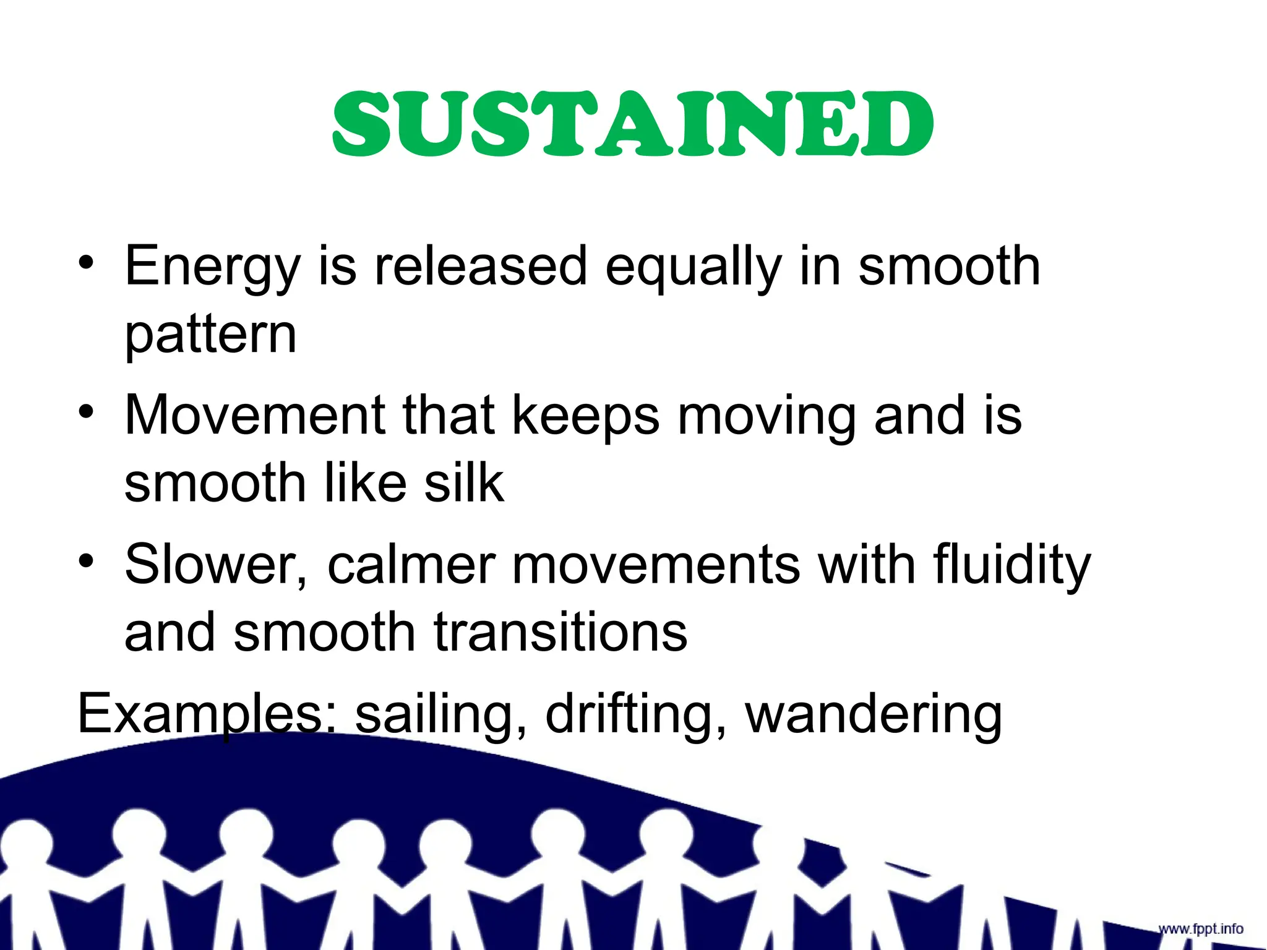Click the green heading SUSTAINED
[x=633, y=124]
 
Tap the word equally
[x=693, y=267]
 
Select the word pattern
[x=211, y=336]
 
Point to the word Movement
[x=254, y=415]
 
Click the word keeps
[x=585, y=416]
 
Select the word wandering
[x=874, y=715]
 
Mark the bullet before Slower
[x=87, y=561]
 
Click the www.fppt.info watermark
[x=1200, y=929]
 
